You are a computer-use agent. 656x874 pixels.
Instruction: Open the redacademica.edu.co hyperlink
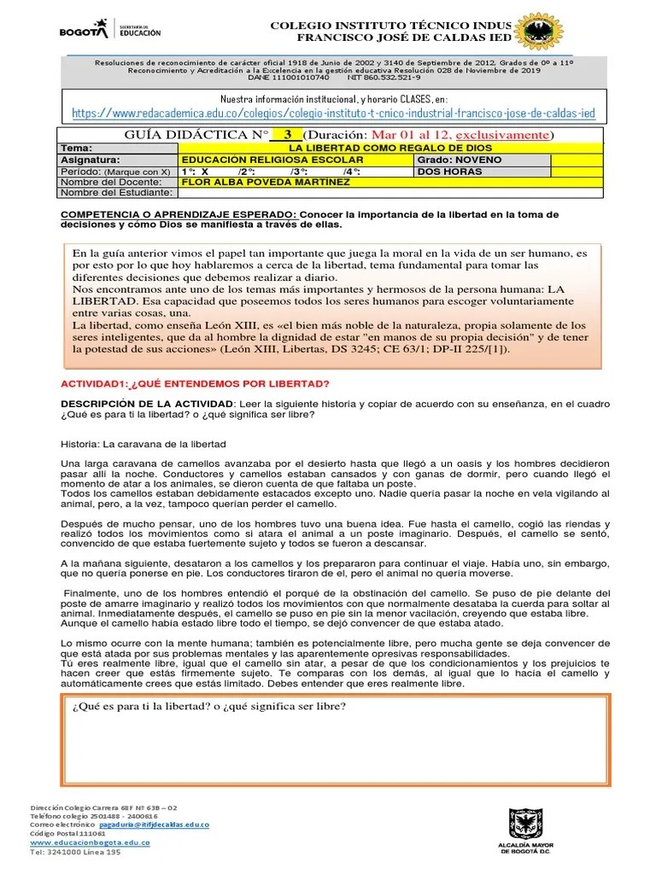pos(333,114)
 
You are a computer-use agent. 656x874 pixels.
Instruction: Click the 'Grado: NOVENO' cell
pos(453,160)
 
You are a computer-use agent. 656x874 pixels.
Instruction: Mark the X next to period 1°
pos(204,172)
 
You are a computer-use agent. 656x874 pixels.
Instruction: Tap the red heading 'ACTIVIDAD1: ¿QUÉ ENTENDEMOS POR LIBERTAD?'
pos(196,383)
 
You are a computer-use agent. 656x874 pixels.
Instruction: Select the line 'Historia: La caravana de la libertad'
pos(143,445)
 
